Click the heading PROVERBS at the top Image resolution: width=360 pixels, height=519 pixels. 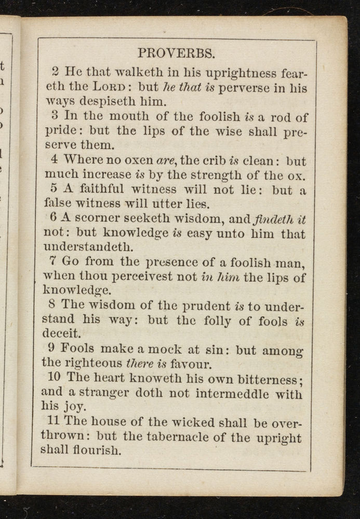(x=176, y=53)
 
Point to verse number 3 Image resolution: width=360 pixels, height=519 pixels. (x=58, y=116)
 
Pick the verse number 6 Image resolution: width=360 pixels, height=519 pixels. (x=57, y=220)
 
